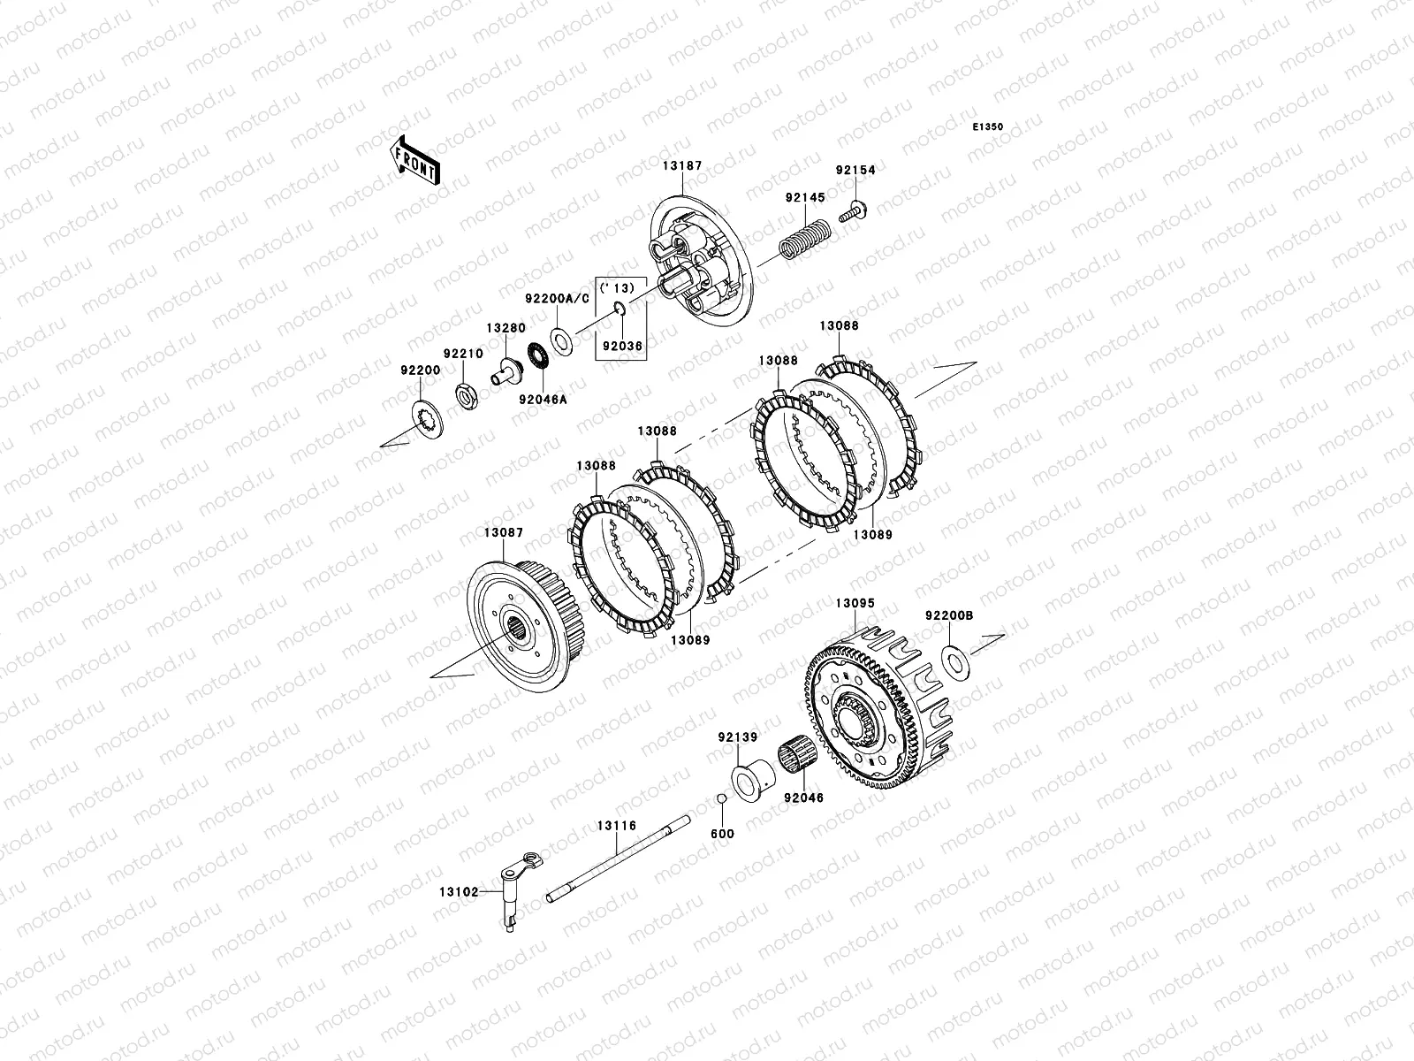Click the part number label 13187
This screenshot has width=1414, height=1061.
click(x=682, y=166)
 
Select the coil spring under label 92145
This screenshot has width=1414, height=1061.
click(x=805, y=239)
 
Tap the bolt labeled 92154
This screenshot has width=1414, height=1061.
click(x=853, y=211)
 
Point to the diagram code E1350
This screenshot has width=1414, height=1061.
click(x=987, y=127)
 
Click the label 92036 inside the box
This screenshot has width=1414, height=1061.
click(x=622, y=346)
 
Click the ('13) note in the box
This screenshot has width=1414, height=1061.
click(x=617, y=288)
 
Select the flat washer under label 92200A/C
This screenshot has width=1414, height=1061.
click(x=561, y=341)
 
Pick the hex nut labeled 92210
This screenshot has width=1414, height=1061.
click(x=467, y=395)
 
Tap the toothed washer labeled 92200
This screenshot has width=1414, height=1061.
click(x=428, y=420)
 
